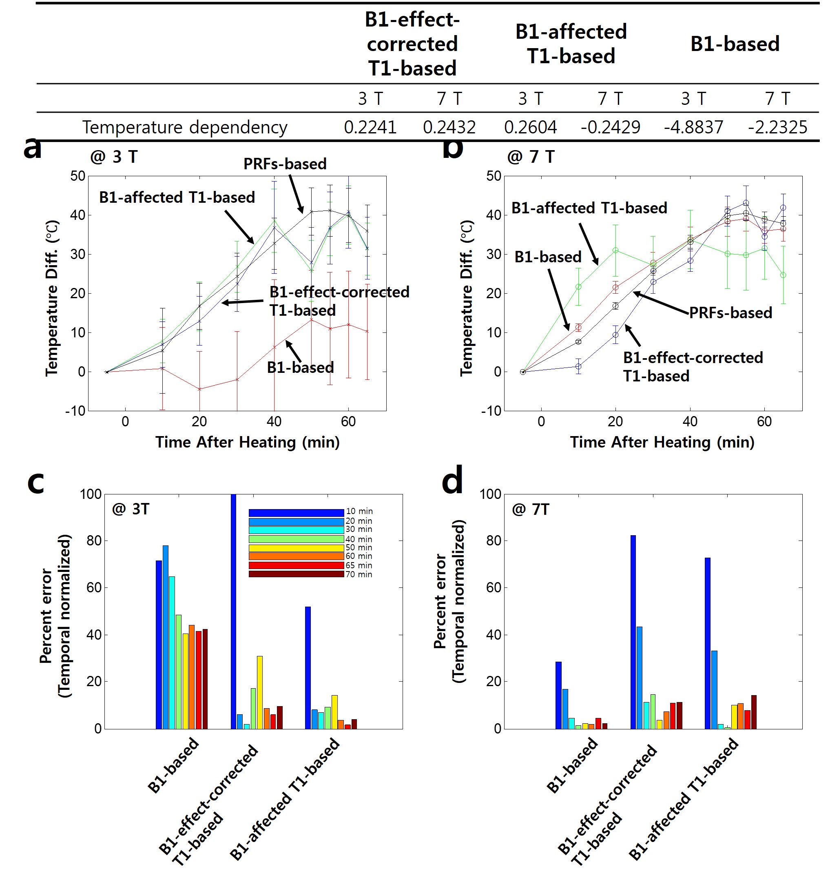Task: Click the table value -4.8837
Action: (x=693, y=128)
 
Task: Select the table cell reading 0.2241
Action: (x=370, y=128)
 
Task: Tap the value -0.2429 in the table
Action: (x=610, y=128)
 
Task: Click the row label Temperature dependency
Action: (x=184, y=128)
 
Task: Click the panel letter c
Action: (x=36, y=482)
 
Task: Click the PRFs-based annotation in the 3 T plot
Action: (x=285, y=164)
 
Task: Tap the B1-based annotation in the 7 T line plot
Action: (x=548, y=257)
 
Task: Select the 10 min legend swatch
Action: (x=296, y=513)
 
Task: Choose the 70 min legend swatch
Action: (x=296, y=574)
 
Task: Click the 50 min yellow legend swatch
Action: (x=296, y=548)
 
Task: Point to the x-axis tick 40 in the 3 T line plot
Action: (x=274, y=421)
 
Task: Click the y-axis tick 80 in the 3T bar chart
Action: (x=94, y=541)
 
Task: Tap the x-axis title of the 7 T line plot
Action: (x=662, y=442)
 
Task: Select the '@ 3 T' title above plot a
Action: (x=114, y=157)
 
